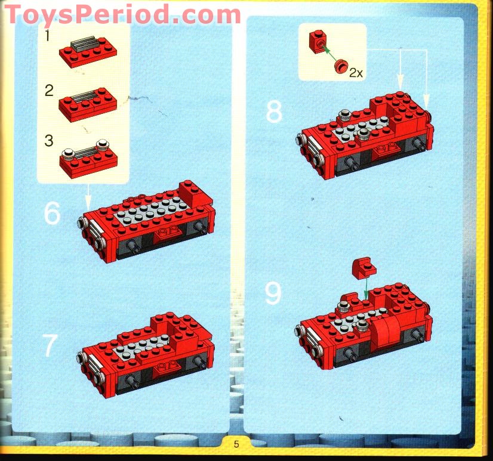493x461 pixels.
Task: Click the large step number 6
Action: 52,214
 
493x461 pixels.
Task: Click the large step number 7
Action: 51,346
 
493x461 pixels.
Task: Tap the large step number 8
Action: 273,112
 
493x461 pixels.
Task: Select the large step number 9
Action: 273,293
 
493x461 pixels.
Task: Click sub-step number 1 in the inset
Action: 47,37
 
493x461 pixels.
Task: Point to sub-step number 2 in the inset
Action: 48,91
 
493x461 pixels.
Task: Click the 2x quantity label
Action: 356,73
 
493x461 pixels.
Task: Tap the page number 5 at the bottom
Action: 236,444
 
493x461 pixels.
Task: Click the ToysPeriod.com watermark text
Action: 123,14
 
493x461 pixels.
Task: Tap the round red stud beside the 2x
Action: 341,66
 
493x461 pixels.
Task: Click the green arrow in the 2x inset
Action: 329,54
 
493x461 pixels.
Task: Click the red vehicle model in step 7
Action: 146,355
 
